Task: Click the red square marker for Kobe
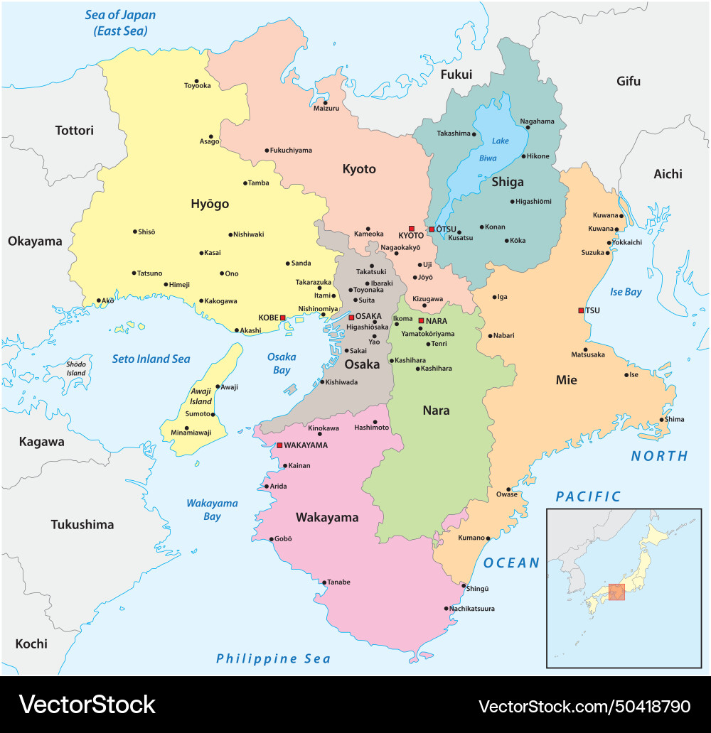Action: click(283, 317)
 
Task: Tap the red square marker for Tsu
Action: click(581, 310)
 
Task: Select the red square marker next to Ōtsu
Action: click(432, 229)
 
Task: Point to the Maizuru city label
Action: click(326, 108)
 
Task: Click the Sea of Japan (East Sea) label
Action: click(120, 23)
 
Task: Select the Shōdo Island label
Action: click(76, 368)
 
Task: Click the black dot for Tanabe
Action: click(324, 583)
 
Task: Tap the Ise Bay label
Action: click(626, 292)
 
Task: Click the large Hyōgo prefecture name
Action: click(210, 204)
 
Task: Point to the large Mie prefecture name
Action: click(566, 380)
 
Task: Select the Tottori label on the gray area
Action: click(75, 131)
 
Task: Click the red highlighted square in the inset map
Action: click(616, 592)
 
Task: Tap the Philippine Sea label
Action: click(274, 658)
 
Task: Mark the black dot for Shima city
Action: click(661, 419)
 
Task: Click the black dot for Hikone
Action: click(524, 156)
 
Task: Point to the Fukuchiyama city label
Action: click(292, 151)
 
